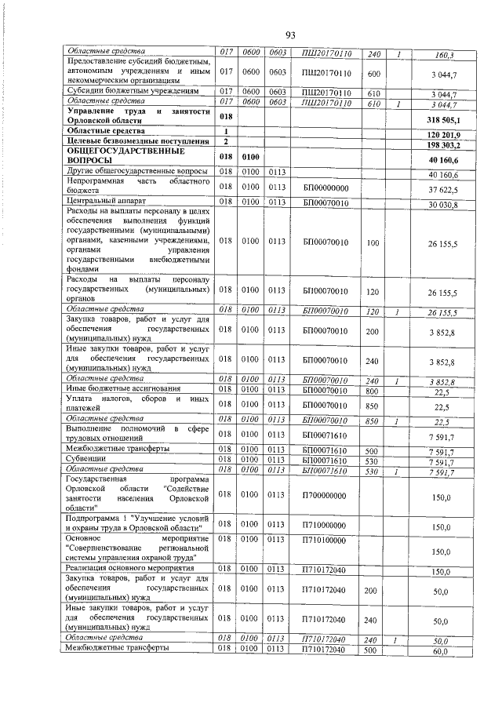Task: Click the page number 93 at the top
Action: pos(290,35)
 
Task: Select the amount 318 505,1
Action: pos(443,121)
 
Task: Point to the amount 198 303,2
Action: pos(444,145)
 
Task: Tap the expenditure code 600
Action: pos(373,73)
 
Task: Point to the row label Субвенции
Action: pos(87,460)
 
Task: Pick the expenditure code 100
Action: pos(373,243)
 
